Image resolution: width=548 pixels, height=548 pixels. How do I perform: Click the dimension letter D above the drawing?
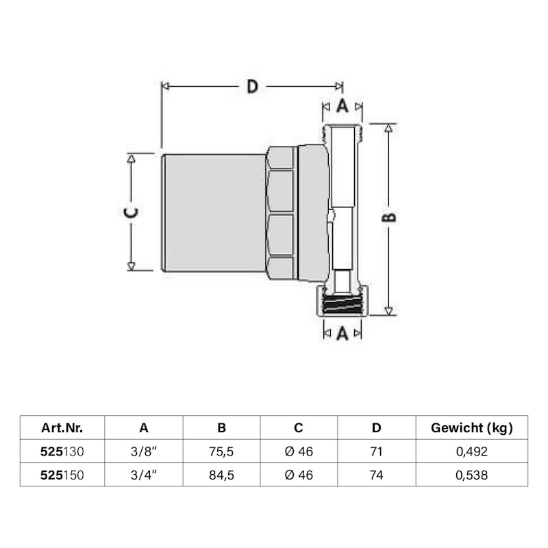(252, 86)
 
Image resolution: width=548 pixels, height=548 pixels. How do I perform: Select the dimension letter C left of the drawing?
(132, 212)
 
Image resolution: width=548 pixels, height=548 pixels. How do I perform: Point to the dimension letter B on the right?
(388, 217)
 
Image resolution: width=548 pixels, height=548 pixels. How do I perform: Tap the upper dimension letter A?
(342, 105)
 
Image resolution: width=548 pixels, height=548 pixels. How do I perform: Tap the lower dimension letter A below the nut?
(342, 333)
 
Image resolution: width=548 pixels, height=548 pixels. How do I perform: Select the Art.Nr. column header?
(62, 427)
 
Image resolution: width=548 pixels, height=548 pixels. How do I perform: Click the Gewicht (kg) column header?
(472, 427)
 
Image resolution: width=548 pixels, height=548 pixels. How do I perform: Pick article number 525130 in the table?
(62, 451)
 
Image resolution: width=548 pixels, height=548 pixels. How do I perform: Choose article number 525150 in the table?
(62, 475)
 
